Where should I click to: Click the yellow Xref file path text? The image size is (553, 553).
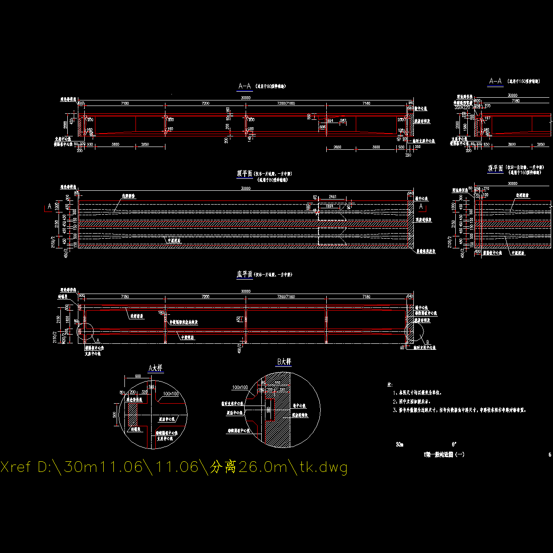click(x=174, y=467)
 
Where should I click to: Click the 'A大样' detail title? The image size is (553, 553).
click(x=155, y=368)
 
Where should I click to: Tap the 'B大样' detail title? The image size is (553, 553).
click(x=284, y=362)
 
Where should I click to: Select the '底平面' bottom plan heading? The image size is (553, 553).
click(x=245, y=274)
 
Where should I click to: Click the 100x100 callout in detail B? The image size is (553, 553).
click(x=240, y=387)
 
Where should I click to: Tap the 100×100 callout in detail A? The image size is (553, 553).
click(x=171, y=394)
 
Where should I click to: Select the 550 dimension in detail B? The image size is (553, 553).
click(x=277, y=383)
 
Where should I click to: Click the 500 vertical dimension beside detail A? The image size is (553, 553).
click(x=115, y=415)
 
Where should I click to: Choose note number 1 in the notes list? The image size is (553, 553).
click(x=419, y=393)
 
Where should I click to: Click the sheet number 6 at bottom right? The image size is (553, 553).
click(x=550, y=455)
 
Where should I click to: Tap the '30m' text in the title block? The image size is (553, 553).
click(x=399, y=445)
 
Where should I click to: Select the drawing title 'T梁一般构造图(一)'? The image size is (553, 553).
click(x=444, y=455)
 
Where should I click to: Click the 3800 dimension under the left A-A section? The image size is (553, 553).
click(x=115, y=145)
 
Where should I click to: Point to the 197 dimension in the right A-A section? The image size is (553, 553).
click(x=488, y=118)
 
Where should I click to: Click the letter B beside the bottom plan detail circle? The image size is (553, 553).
click(x=427, y=342)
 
